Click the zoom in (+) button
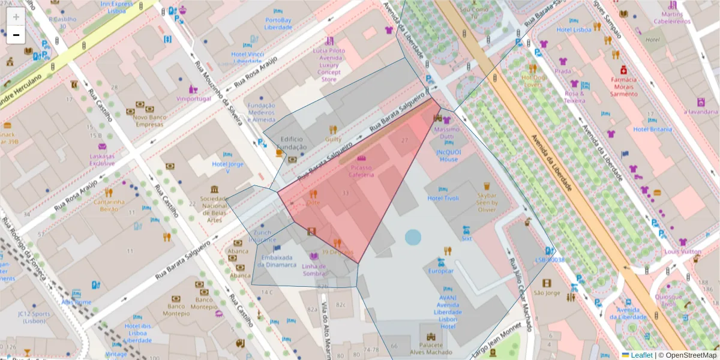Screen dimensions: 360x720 tap(16, 16)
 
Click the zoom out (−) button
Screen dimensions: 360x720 tap(16, 35)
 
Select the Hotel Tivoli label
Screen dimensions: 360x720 tap(443, 199)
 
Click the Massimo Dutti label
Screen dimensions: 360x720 tap(446, 133)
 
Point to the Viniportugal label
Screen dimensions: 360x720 tap(194, 98)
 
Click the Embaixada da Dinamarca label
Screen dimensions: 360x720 tap(277, 260)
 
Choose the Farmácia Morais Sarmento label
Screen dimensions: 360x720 tap(624, 86)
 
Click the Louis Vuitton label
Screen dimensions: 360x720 tap(683, 251)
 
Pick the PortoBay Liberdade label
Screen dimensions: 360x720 tap(278, 23)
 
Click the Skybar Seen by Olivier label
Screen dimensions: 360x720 tap(487, 203)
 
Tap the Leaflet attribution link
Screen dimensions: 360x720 tap(641, 355)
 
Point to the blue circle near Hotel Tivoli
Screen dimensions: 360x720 tap(413, 237)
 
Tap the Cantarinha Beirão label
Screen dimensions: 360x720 tap(109, 205)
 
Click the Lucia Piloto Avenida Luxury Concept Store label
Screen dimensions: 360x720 tap(329, 65)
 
